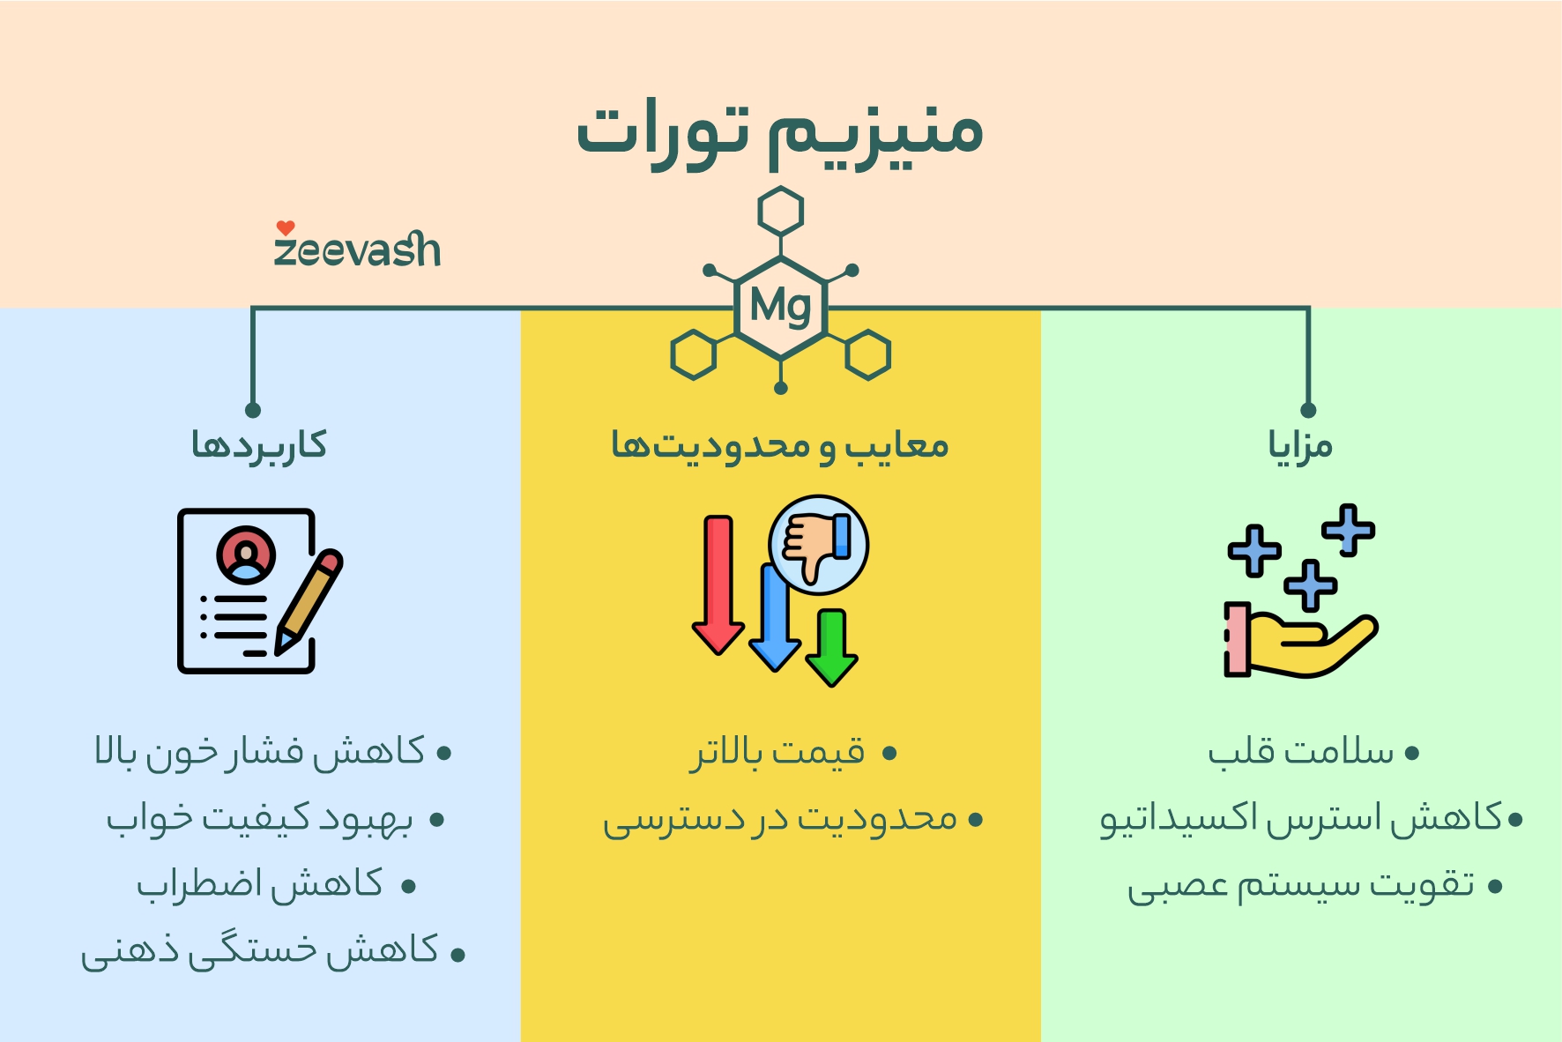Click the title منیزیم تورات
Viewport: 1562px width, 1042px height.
coord(779,132)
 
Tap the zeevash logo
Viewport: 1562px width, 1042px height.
coord(357,247)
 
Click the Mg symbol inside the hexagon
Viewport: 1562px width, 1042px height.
coord(780,307)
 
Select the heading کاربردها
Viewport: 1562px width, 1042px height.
coord(259,445)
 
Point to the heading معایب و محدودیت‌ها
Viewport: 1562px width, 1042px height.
coord(780,445)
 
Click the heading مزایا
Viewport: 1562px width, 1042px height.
coord(1300,445)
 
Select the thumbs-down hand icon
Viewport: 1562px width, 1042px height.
coord(818,544)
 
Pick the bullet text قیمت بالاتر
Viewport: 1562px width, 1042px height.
coord(777,753)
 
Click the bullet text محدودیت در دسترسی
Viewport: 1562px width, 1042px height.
coord(780,820)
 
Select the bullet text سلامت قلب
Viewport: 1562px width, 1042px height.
coord(1301,753)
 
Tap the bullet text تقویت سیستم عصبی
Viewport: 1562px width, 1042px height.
coord(1301,886)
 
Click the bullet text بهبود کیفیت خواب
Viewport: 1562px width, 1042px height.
coord(260,820)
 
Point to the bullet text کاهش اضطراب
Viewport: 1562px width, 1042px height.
coord(260,884)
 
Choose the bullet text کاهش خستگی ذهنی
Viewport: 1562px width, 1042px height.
coord(260,951)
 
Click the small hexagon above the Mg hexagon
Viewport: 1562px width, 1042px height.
coord(780,212)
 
